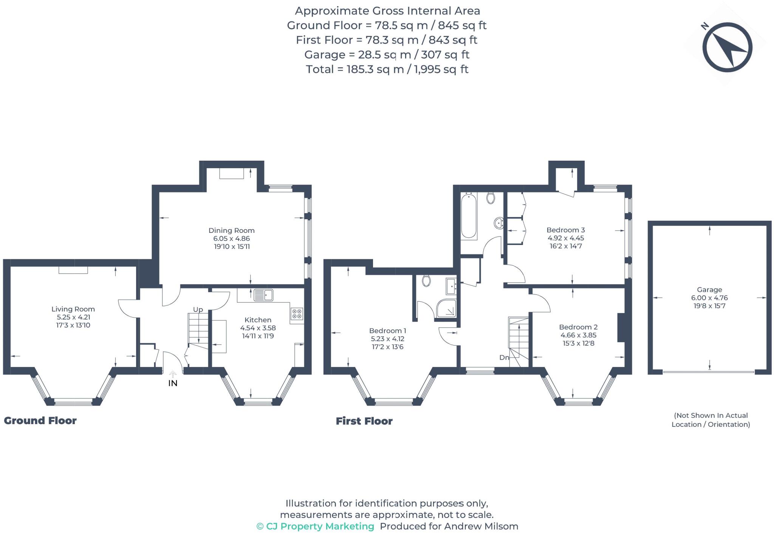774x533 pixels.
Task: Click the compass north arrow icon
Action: [727, 48]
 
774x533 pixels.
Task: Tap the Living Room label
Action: [73, 309]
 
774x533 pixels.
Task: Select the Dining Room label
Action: [231, 230]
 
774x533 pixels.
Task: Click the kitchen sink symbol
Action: [263, 295]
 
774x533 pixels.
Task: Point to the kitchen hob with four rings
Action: [297, 313]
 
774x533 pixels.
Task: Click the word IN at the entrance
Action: [172, 383]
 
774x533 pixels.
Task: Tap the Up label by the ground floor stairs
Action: [198, 310]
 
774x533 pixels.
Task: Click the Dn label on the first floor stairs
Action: [504, 357]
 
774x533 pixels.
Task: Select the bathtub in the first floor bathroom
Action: [468, 215]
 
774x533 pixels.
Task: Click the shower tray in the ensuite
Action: [446, 308]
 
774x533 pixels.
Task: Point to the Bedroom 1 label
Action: [387, 330]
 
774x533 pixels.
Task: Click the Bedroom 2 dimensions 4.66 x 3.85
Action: [578, 335]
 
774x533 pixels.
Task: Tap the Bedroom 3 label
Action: [565, 230]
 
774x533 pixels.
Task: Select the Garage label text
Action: [709, 290]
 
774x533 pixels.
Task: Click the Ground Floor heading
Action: [40, 420]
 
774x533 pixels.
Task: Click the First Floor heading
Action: [364, 421]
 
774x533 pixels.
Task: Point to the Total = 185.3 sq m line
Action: [387, 69]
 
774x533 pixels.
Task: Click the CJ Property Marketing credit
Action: [315, 526]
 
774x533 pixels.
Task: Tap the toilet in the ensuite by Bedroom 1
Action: [426, 280]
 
